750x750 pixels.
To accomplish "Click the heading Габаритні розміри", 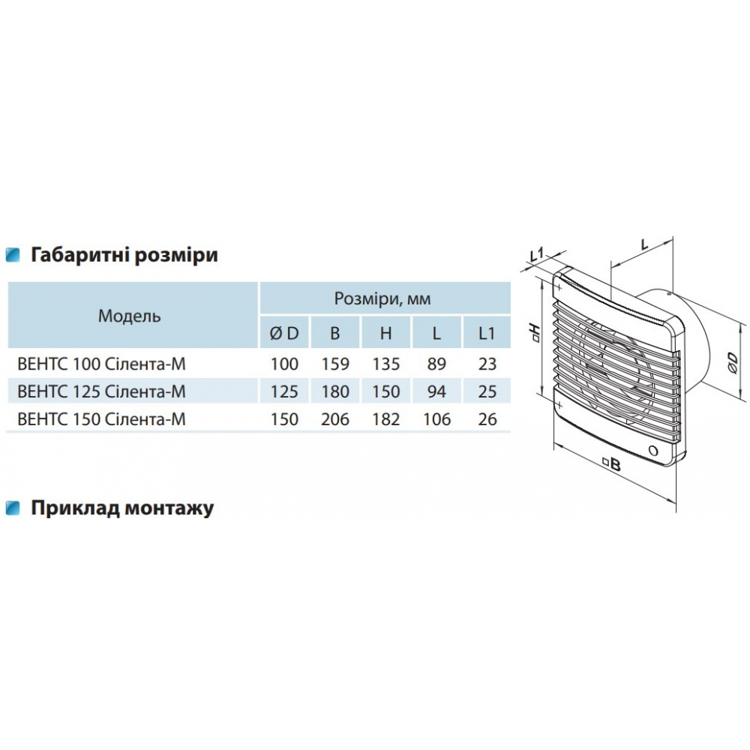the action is [x=124, y=255].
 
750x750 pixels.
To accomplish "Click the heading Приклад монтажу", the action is [x=122, y=508].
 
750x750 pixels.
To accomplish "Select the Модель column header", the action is [x=130, y=316].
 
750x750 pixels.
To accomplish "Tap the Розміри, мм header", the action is [x=382, y=299].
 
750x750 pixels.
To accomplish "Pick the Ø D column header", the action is [x=284, y=334].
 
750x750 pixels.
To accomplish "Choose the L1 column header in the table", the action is [x=487, y=334].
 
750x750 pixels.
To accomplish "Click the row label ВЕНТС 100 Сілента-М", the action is [x=101, y=364].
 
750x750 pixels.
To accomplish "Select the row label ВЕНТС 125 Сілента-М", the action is [x=101, y=392].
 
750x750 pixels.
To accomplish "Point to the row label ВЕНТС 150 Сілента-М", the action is [x=101, y=419].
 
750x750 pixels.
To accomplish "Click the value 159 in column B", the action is [x=335, y=364].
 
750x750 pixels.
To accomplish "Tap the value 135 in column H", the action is [x=386, y=364].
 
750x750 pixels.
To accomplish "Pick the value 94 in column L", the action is [x=436, y=392].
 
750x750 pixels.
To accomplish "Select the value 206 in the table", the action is [x=335, y=419].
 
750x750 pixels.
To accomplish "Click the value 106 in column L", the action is [x=436, y=419].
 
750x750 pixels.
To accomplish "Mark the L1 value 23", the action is [x=487, y=364].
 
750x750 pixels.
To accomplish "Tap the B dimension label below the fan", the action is [x=612, y=463].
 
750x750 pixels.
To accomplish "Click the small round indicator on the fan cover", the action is [x=653, y=451].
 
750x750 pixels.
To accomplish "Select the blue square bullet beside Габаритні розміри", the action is [x=13, y=255].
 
